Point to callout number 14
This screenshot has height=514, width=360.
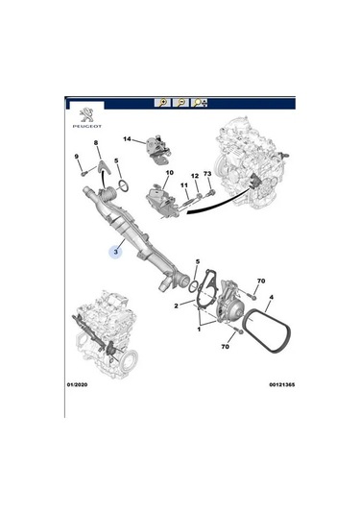coord(125,138)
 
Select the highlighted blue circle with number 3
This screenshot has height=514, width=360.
coord(115,254)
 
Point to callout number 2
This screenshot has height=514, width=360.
coord(176,306)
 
